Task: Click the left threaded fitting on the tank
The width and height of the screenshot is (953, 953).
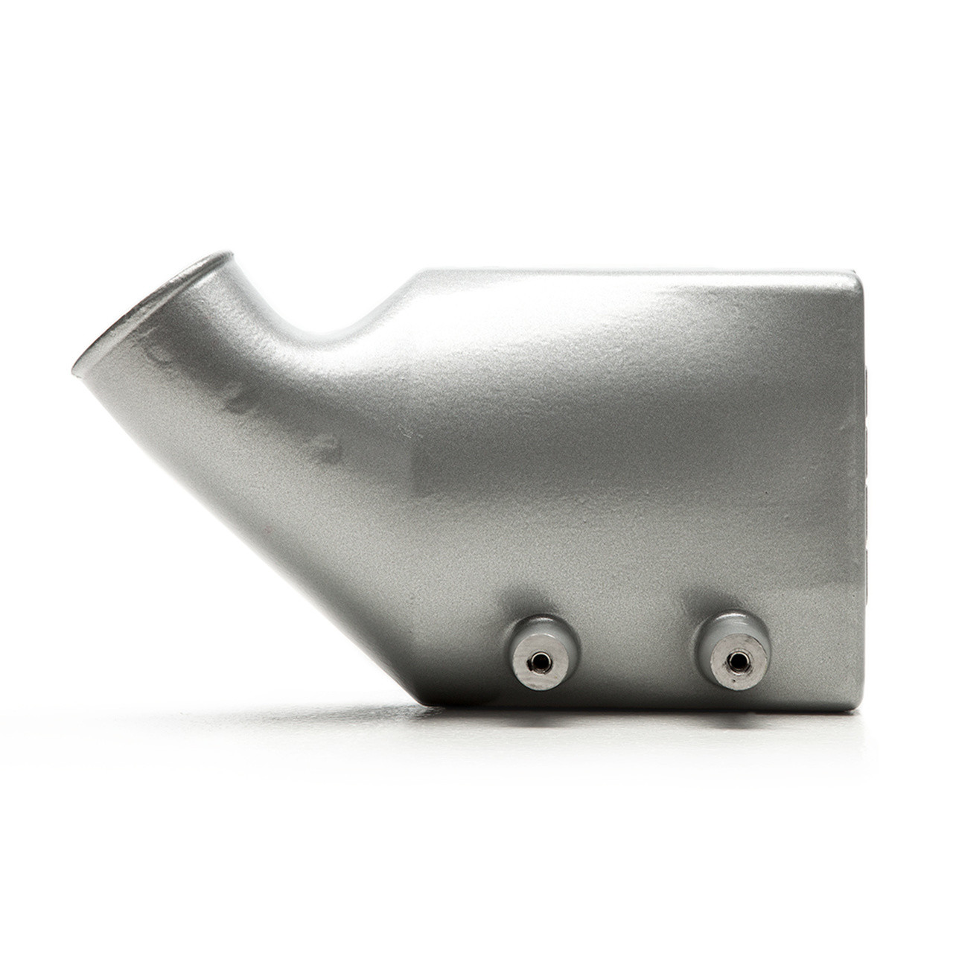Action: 535,640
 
